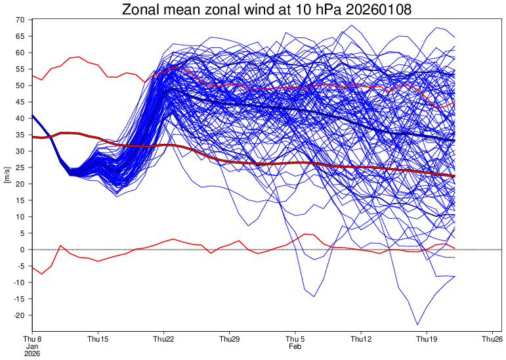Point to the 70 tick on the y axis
coord(20,20)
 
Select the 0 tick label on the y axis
coord(22,250)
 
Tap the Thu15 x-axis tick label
coord(98,339)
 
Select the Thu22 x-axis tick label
coord(163,339)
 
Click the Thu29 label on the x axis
coord(229,339)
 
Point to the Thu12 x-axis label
coord(361,339)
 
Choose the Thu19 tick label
coord(427,339)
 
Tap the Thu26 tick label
coord(492,339)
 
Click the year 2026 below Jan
coord(32,353)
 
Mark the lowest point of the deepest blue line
coord(417,325)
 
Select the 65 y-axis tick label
coord(20,36)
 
